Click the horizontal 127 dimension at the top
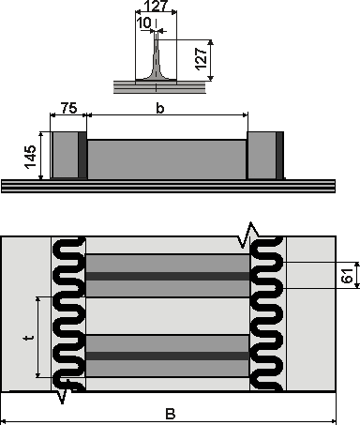[x=157, y=6]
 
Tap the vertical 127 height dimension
[x=202, y=59]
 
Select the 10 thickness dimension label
[x=144, y=23]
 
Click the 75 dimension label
[x=68, y=108]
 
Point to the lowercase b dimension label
[x=160, y=108]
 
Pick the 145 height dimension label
[x=31, y=157]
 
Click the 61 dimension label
[x=347, y=276]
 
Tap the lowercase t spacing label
[x=29, y=338]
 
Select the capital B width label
[x=171, y=414]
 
